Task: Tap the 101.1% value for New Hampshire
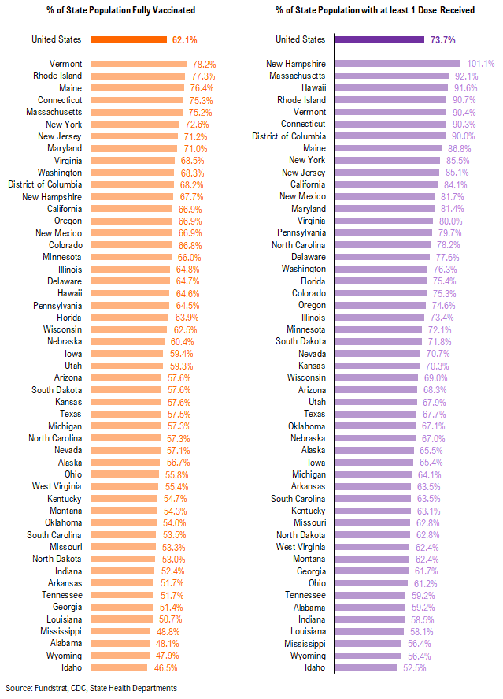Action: point(479,64)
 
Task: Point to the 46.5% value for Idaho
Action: point(165,667)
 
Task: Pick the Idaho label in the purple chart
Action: point(315,667)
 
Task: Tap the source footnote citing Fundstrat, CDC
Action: point(91,688)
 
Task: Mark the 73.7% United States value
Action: point(442,39)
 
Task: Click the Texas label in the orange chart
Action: point(71,414)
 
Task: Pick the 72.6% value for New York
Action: point(196,124)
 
